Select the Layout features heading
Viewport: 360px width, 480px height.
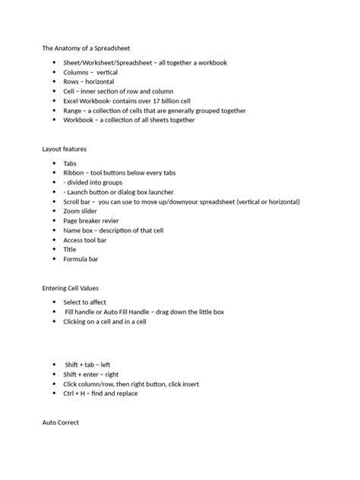click(65, 149)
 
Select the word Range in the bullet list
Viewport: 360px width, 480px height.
click(73, 110)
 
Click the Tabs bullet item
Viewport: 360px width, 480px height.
click(71, 163)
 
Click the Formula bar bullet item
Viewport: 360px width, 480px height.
click(81, 259)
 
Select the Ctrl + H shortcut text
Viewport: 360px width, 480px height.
click(77, 393)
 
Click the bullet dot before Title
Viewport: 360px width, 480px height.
click(54, 250)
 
